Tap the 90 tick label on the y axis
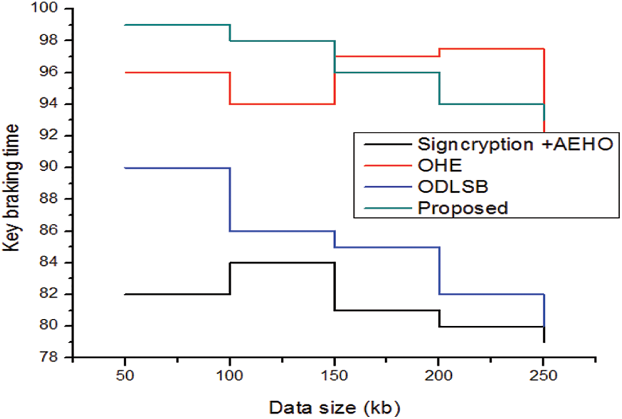tap(55, 168)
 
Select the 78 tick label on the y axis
tap(55, 358)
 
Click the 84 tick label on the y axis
tap(55, 263)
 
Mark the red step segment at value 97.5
tap(491, 48)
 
